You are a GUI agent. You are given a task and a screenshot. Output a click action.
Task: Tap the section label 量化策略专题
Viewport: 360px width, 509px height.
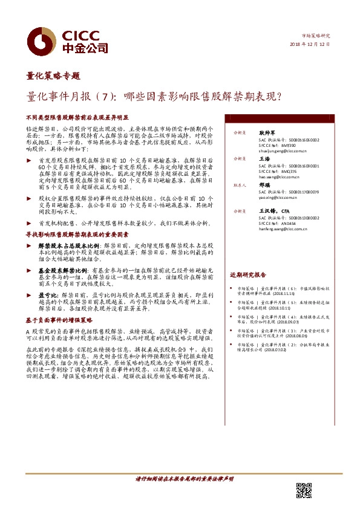[x=53, y=76]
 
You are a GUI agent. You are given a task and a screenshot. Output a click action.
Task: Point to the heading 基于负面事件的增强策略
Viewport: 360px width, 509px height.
[x=59, y=320]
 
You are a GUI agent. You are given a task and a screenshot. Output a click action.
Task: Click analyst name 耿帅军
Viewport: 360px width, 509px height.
[x=267, y=132]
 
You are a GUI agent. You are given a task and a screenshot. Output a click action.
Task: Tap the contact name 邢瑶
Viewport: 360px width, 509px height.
[x=264, y=186]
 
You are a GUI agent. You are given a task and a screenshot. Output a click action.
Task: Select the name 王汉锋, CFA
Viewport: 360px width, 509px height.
[x=272, y=210]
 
